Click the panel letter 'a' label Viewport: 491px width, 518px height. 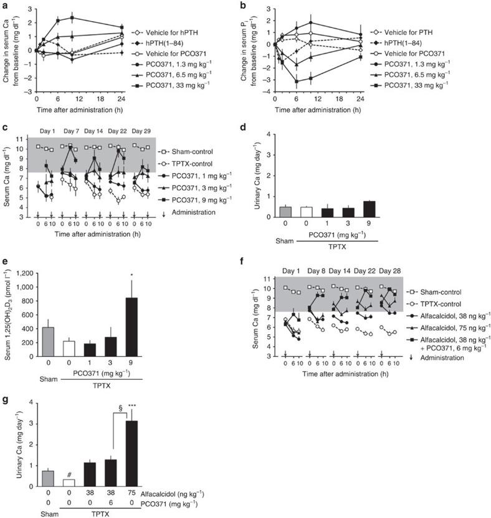pyautogui.click(x=5, y=6)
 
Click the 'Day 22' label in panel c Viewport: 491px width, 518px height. pyautogui.click(x=118, y=132)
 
